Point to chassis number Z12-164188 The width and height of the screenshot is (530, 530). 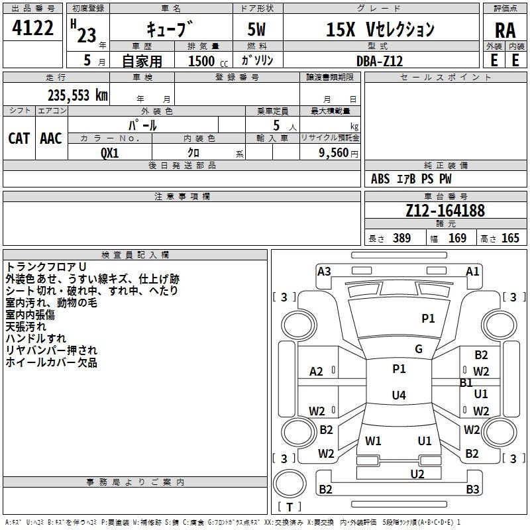445,211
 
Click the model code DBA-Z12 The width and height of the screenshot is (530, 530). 378,60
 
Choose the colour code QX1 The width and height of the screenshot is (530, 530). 109,152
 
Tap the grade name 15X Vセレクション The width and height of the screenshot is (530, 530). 380,30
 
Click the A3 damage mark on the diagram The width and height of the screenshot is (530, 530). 324,271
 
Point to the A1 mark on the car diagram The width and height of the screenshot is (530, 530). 472,271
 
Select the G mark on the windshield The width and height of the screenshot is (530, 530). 418,349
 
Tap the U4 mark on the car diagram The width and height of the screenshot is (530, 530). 398,396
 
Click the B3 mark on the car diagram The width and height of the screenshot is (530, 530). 472,490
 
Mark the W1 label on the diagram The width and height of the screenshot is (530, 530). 373,441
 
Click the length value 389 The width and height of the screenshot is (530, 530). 401,238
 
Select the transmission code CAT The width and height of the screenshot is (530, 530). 19,138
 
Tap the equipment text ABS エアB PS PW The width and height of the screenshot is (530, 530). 412,179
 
